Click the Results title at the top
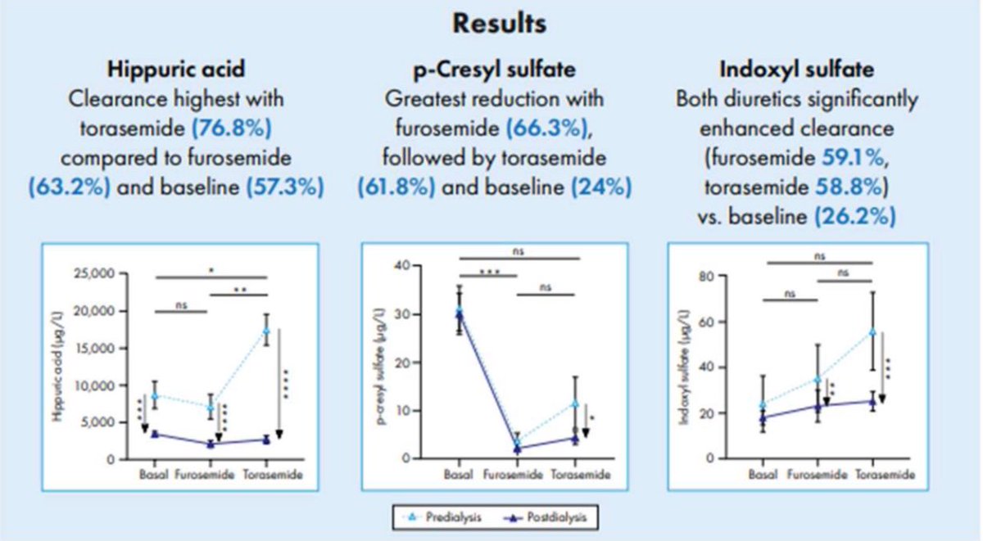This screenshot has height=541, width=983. (499, 25)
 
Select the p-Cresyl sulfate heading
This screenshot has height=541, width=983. (494, 69)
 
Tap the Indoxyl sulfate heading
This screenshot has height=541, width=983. (797, 69)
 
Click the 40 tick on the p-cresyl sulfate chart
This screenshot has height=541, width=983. (419, 266)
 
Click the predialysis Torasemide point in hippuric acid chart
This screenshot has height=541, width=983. (266, 331)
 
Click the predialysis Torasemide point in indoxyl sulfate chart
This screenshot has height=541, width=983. (872, 331)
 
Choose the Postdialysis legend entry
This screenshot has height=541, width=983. (550, 518)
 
